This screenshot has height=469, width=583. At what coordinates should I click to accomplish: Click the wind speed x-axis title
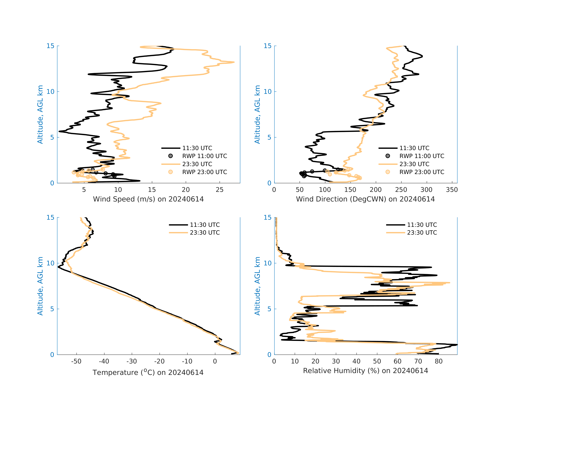(x=148, y=199)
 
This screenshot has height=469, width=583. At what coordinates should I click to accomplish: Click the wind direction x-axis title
(x=365, y=199)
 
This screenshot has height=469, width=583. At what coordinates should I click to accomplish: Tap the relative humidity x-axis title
(x=365, y=371)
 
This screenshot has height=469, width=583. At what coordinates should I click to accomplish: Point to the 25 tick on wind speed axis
(x=220, y=190)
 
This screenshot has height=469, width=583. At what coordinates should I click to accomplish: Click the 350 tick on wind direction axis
(x=452, y=190)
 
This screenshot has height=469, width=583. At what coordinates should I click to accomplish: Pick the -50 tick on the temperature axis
(x=76, y=361)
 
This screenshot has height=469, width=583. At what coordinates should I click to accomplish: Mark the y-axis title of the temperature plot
(x=40, y=286)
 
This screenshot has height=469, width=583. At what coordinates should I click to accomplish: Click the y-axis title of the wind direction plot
(x=257, y=115)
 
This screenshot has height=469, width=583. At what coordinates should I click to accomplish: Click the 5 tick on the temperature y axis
(x=52, y=309)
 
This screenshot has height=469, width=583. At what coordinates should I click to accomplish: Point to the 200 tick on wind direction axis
(x=376, y=190)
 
